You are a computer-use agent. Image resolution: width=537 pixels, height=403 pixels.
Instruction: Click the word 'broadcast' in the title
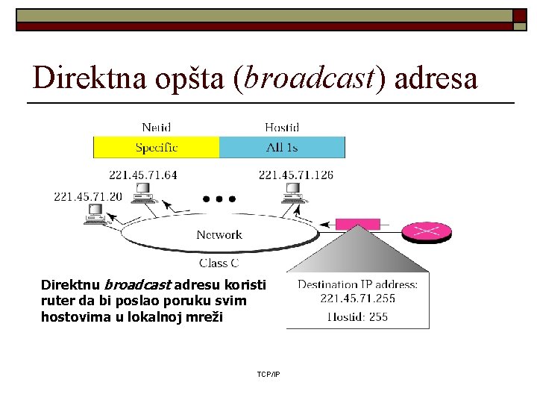click(x=310, y=77)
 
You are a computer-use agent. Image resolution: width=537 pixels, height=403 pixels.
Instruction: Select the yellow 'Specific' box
click(x=156, y=147)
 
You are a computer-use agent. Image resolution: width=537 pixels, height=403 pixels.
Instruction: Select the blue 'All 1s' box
click(x=282, y=147)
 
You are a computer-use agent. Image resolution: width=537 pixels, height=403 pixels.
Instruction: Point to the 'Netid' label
click(x=157, y=128)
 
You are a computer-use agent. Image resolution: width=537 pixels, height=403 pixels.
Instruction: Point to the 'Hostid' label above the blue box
click(x=282, y=128)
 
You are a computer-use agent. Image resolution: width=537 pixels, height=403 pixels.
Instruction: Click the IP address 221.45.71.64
click(x=143, y=175)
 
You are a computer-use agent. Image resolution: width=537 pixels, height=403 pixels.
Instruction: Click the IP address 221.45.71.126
click(x=296, y=175)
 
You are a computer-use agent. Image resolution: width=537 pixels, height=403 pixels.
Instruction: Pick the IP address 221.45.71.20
click(x=88, y=197)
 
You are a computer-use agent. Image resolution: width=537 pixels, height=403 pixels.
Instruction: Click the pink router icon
click(x=427, y=232)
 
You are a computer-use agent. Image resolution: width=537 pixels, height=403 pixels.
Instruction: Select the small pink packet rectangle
click(x=359, y=223)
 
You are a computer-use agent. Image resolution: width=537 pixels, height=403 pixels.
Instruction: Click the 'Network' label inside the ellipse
click(x=219, y=235)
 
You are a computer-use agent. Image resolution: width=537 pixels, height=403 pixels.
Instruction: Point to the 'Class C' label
click(x=219, y=263)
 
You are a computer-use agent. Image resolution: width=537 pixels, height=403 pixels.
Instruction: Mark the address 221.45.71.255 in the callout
click(x=358, y=298)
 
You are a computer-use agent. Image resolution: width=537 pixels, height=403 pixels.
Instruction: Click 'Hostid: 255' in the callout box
click(x=358, y=316)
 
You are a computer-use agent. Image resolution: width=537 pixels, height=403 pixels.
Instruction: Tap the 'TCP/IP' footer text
click(x=268, y=374)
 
